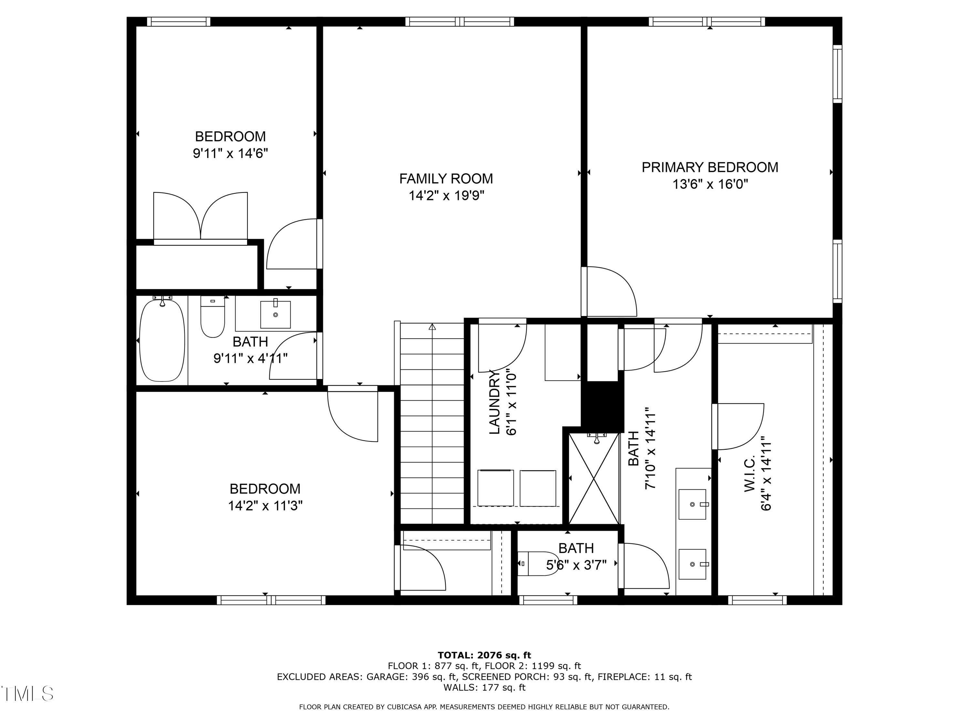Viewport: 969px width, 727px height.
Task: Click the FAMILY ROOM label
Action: [x=446, y=179]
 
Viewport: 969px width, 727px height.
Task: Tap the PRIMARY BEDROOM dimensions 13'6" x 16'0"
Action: [x=710, y=184]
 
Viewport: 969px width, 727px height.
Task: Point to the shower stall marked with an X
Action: [x=594, y=479]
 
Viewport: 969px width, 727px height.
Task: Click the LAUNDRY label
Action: [x=494, y=402]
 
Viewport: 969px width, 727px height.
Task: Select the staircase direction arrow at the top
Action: [x=432, y=326]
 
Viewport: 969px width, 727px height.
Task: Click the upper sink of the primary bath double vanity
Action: [x=693, y=504]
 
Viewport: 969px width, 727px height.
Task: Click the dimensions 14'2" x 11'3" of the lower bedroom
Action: [x=265, y=506]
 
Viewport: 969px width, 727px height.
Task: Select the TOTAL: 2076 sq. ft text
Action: [x=484, y=655]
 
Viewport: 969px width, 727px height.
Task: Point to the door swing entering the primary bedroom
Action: [x=610, y=291]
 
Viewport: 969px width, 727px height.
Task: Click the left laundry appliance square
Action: [x=495, y=488]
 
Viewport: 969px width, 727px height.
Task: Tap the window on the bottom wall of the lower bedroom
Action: [x=271, y=600]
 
